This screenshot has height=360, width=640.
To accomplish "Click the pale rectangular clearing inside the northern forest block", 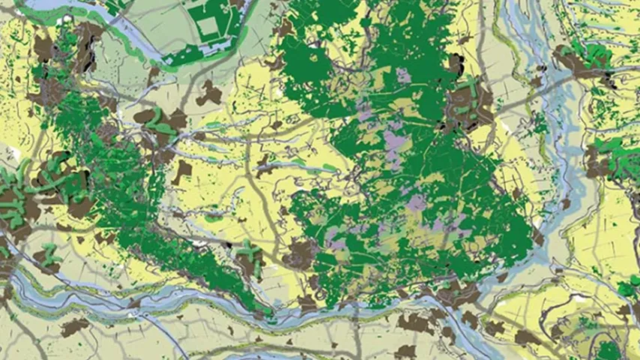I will pos(207,27).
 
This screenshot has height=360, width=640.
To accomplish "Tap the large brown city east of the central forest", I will pos(470,104).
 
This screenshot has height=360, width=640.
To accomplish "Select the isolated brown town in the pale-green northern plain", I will pos(209,94).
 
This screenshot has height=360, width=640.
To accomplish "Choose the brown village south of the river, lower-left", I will pos(74,327).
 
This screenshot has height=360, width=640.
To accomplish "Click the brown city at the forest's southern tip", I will pos(302,255).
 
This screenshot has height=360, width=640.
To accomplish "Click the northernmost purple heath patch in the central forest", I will pos(405,75).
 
